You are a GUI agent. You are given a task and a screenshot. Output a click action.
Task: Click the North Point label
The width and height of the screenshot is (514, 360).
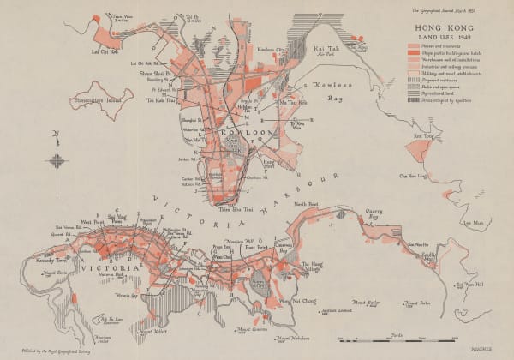(x=307, y=203)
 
